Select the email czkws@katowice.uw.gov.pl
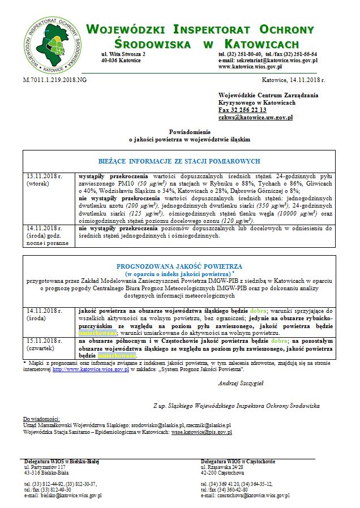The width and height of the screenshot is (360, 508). tap(255, 118)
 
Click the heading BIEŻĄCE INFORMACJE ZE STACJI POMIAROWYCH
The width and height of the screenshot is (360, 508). tap(179, 161)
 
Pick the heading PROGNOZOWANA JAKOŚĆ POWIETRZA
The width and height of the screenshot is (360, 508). tap(179, 266)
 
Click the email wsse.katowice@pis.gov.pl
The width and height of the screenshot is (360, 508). tap(202, 432)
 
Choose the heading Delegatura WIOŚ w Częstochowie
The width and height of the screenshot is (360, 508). tap(238, 461)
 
